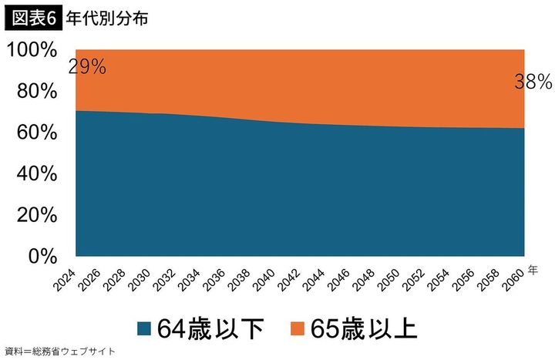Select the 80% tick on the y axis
tap(36, 92)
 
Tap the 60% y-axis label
tap(36, 133)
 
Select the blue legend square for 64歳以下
tap(143, 328)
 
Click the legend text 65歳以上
tap(365, 328)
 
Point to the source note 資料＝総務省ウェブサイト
tap(59, 352)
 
